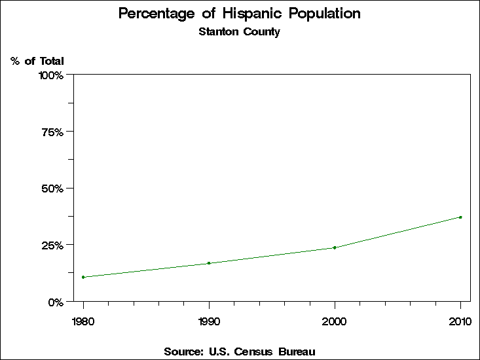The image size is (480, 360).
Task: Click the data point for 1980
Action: coord(83,277)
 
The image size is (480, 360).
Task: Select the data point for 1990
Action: coord(209,263)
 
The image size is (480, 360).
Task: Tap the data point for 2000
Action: coord(335,247)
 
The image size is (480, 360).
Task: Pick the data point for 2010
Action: coord(460,217)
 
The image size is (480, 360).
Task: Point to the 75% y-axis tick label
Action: coord(53,132)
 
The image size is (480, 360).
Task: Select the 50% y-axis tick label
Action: coord(53,189)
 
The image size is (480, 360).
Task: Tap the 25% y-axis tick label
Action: coord(53,245)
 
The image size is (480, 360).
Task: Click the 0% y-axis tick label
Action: coord(56,302)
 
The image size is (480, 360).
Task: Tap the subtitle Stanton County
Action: coord(239,31)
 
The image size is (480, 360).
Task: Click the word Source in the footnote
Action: coord(183,351)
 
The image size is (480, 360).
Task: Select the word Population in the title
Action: coord(325,14)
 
